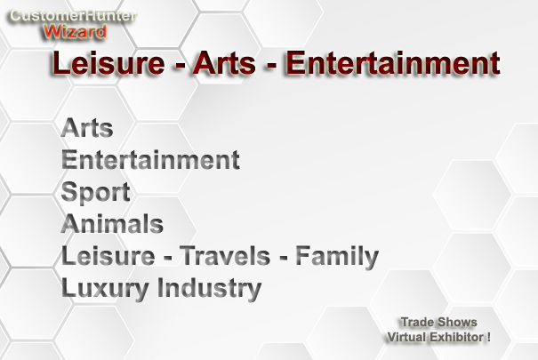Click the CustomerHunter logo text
73,16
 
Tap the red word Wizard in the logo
75,32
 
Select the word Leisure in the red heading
108,63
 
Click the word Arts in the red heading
224,63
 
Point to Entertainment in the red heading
392,63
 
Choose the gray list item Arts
87,128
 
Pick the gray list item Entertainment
150,160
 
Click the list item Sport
95,192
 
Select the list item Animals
112,224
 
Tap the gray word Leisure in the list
108,256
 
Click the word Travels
225,256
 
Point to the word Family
337,257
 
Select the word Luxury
105,288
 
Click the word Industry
209,288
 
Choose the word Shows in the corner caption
457,322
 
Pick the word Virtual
406,337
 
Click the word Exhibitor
456,337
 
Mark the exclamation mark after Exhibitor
488,337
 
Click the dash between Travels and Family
283,258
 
